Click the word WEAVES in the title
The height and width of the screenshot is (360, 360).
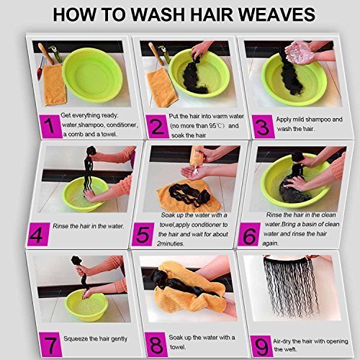tap(276, 14)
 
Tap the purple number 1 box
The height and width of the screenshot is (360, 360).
tap(50, 127)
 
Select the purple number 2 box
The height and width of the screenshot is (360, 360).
tap(156, 127)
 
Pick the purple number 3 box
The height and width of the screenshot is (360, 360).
tap(263, 127)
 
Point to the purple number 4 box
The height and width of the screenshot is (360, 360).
tap(38, 235)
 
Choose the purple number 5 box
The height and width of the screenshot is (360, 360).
tap(143, 235)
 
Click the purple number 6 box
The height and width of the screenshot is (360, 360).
tap(248, 235)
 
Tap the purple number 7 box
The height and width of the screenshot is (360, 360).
tap(50, 344)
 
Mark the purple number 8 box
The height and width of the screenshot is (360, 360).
tap(156, 344)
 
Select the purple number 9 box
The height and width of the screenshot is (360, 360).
tap(261, 346)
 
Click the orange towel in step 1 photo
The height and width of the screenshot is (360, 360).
tap(55, 85)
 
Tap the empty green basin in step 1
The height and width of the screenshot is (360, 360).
tap(92, 75)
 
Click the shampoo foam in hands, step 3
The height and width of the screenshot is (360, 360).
tap(300, 53)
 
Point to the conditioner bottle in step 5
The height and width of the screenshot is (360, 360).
tap(197, 156)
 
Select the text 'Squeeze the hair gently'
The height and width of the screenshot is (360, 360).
tap(95, 339)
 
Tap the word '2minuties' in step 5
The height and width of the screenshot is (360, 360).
tap(171, 243)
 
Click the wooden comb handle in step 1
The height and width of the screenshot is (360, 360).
tap(45, 53)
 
